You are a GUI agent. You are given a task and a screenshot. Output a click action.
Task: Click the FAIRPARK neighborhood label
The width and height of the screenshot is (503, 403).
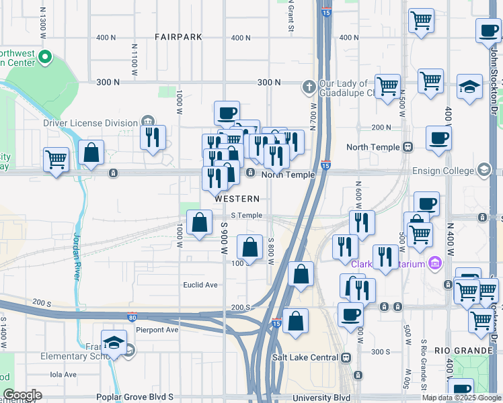click(178, 37)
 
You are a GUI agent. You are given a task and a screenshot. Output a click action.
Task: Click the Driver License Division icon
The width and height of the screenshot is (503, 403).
click(147, 122)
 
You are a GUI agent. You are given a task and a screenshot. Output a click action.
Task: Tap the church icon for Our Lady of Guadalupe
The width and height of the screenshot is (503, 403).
click(309, 86)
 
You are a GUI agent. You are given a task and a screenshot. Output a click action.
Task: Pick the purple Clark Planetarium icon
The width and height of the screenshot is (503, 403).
click(435, 263)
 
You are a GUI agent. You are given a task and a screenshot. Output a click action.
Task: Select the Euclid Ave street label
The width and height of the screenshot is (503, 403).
click(200, 285)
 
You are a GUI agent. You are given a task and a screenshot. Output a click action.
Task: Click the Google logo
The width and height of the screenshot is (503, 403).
click(22, 394)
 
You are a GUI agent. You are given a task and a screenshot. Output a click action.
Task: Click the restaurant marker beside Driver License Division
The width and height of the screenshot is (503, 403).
click(153, 137)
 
